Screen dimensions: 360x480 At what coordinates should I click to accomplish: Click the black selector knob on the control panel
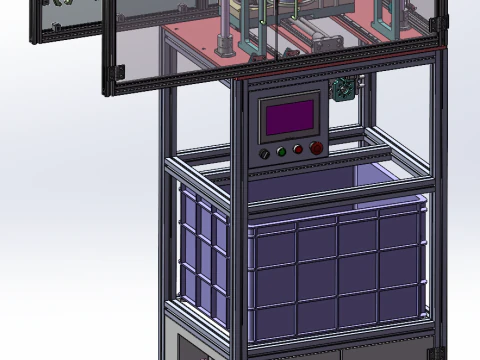265,154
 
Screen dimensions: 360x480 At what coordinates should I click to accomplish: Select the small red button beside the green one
298,151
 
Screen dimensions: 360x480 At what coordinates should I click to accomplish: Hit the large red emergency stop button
316,148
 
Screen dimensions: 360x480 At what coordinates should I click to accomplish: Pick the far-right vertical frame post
435,200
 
